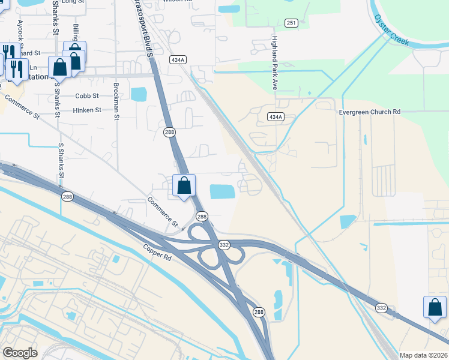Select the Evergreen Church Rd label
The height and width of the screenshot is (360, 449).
tap(369, 112)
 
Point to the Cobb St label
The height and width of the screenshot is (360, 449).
tap(86, 96)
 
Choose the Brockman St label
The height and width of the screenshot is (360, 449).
tap(116, 100)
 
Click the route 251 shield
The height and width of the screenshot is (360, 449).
tap(291, 23)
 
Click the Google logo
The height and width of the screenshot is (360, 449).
tap(20, 353)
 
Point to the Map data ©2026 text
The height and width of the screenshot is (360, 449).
tap(423, 355)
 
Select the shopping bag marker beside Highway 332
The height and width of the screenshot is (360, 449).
tap(433, 307)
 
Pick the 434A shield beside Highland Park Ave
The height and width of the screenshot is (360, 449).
tap(275, 117)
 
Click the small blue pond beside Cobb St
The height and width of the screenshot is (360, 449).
tap(139, 94)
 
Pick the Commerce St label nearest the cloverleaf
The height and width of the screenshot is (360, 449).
tap(163, 212)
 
